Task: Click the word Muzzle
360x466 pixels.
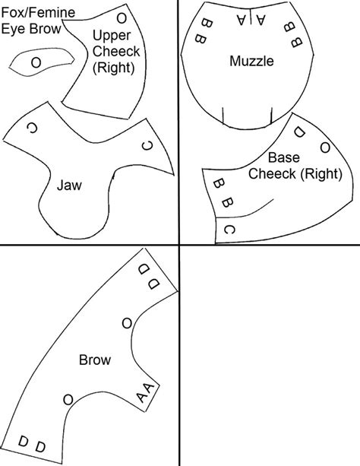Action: (251, 62)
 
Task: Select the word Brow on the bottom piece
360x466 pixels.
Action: (95, 360)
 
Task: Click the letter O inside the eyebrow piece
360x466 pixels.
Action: (36, 63)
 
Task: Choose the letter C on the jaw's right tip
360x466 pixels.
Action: (147, 146)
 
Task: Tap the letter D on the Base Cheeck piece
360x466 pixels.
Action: (299, 133)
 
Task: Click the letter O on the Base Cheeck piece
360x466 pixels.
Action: (324, 147)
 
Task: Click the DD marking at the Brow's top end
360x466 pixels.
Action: (149, 277)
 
